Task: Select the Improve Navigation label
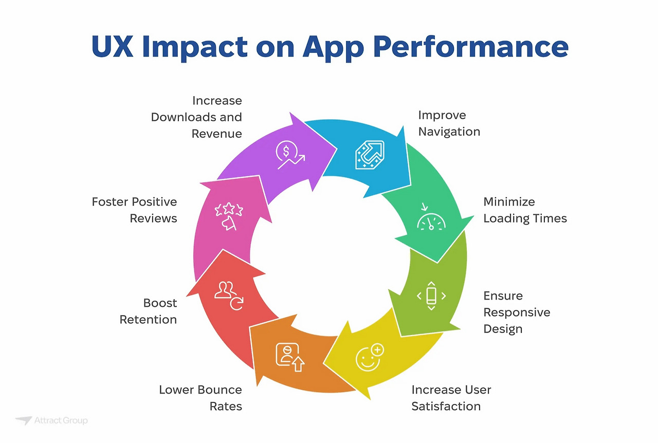coord(449,123)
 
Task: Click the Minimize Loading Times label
coord(525,210)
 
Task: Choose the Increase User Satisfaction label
coord(451,398)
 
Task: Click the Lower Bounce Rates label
coord(200,398)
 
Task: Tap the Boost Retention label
coord(149,311)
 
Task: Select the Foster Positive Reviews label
coord(135,210)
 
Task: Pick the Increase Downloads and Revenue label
coord(196,117)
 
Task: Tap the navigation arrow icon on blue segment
coord(370,155)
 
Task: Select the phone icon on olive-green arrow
coord(431,296)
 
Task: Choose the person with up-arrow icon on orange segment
coord(289,357)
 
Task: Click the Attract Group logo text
coord(61,420)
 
